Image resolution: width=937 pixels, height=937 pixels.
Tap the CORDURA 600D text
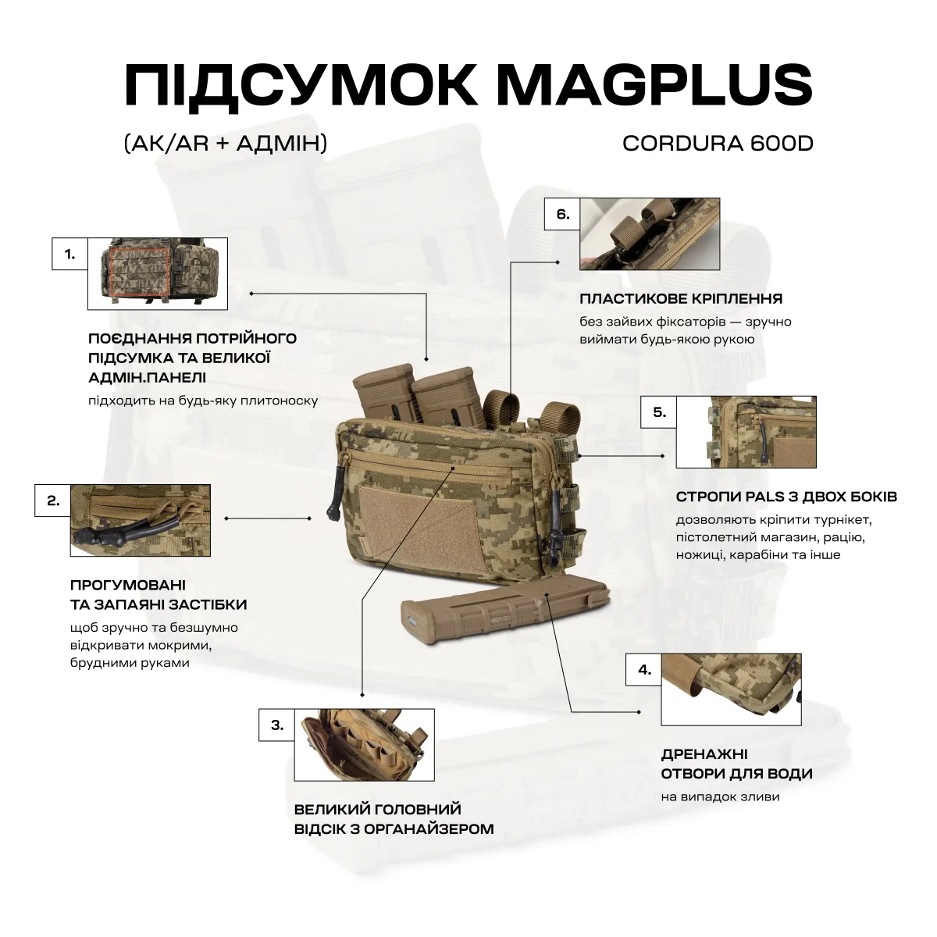[x=718, y=144]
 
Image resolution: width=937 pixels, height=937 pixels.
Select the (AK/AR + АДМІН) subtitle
[x=225, y=144]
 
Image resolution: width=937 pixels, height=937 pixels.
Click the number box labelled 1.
[x=70, y=255]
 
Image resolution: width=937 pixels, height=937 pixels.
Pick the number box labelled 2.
[x=53, y=501]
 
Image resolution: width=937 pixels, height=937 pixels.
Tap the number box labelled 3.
[x=277, y=725]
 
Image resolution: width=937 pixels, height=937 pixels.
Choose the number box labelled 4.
[x=644, y=670]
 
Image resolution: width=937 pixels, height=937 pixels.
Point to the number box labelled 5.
[x=659, y=412]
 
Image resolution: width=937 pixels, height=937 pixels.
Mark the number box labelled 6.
[x=563, y=215]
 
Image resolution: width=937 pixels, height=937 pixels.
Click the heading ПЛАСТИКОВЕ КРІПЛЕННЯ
[x=681, y=299]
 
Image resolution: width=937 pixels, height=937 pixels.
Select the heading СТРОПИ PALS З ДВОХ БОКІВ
[x=786, y=497]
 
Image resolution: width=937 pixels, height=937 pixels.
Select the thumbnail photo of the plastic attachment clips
[x=650, y=233]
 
